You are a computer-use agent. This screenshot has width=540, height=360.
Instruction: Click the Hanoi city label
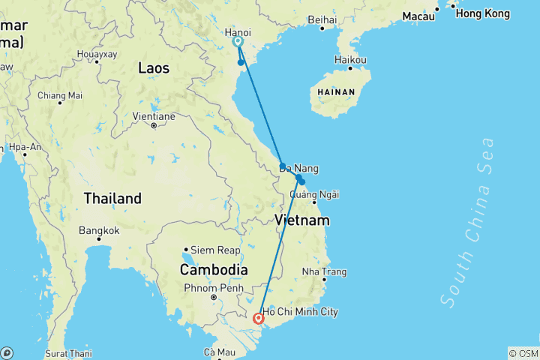point(238,32)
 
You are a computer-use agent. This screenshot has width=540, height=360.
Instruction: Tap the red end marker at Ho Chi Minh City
point(259,318)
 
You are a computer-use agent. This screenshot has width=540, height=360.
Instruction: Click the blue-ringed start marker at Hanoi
point(238,42)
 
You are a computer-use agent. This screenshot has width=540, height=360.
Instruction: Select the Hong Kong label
point(482,13)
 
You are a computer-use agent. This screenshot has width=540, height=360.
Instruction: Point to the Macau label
point(418,16)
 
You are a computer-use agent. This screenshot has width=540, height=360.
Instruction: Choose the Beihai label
point(322,19)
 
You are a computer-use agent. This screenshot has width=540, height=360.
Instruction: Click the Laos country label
point(154,68)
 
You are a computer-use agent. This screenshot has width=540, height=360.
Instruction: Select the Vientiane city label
point(153,116)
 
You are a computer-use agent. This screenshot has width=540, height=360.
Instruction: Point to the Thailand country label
point(112,199)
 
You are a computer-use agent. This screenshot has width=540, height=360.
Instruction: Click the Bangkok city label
point(99,230)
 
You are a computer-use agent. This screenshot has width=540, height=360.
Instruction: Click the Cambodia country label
point(214,269)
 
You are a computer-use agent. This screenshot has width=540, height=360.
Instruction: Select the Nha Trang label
point(323,271)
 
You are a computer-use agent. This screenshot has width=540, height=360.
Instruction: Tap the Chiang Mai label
point(60,95)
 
